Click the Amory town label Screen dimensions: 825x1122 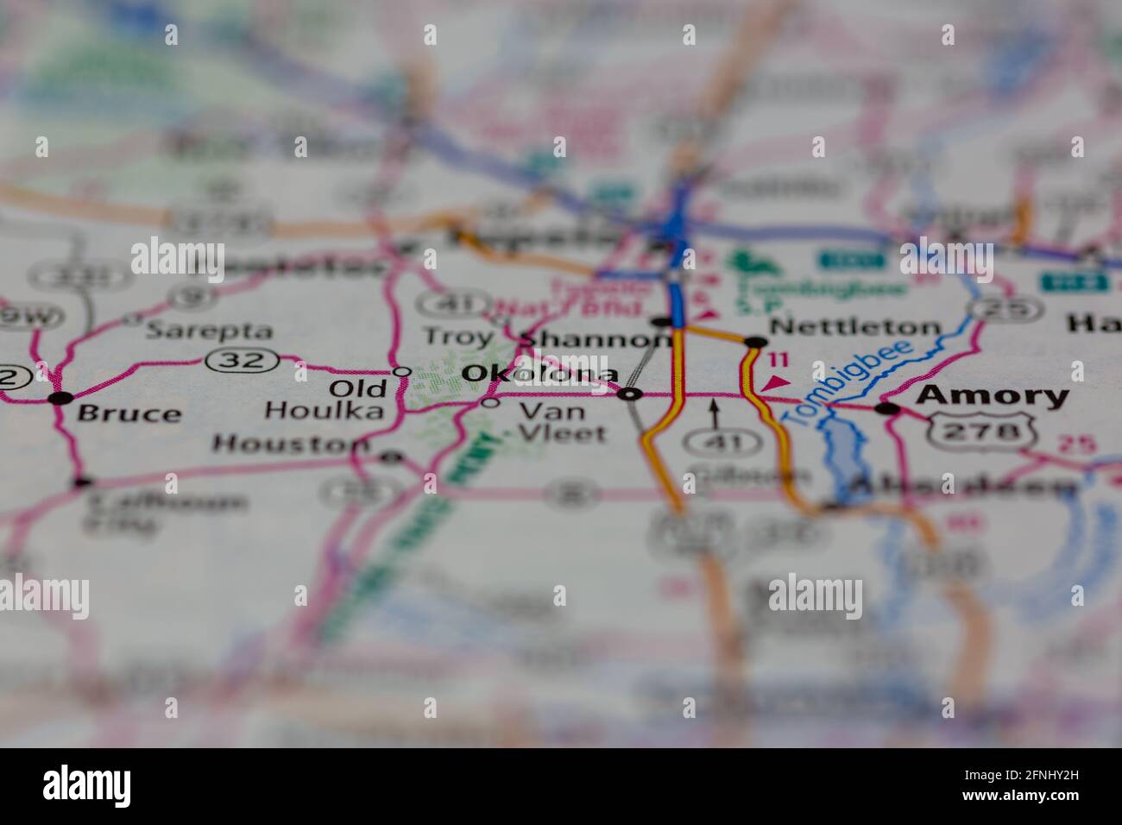[993, 396]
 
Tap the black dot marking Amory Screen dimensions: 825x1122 [886, 408]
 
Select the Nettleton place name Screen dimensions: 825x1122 [854, 327]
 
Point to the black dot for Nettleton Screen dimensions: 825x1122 [755, 343]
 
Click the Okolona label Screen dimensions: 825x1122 [540, 374]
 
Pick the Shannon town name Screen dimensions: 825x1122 [596, 339]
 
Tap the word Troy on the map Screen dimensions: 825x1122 [457, 337]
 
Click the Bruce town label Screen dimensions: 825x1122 [129, 413]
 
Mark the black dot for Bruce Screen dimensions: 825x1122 [60, 398]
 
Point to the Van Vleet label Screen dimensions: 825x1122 [561, 422]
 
